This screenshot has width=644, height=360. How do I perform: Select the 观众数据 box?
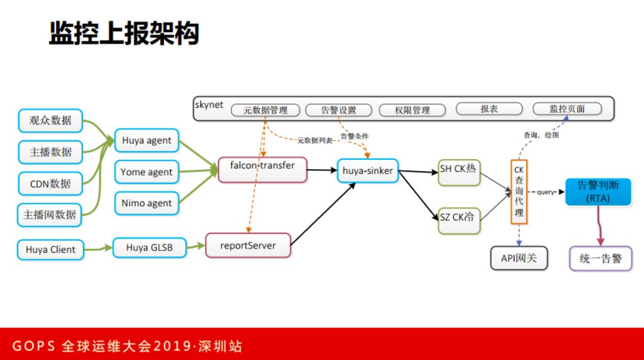(x=50, y=121)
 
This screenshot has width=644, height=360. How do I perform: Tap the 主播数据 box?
(x=50, y=152)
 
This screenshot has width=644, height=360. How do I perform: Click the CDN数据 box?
(x=50, y=184)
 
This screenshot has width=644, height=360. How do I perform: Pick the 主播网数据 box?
(x=49, y=215)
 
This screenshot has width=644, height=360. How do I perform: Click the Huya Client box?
(x=50, y=250)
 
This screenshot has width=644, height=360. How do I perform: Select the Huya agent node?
(x=147, y=141)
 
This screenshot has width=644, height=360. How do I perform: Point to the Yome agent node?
(x=147, y=172)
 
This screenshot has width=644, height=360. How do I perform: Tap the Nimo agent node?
(x=147, y=203)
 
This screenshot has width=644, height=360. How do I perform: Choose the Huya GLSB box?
(x=149, y=247)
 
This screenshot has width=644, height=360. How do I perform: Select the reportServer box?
(x=248, y=246)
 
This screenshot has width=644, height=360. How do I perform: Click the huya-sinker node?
(x=367, y=171)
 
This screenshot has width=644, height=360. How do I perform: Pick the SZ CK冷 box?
(x=459, y=218)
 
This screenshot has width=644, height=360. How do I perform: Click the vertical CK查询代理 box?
(x=519, y=191)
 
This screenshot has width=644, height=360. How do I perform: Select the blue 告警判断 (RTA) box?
(x=597, y=192)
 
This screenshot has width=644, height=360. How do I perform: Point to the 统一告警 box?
(x=600, y=259)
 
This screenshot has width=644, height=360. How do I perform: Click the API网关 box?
(x=519, y=259)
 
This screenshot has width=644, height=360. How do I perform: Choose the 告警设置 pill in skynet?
(x=338, y=110)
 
